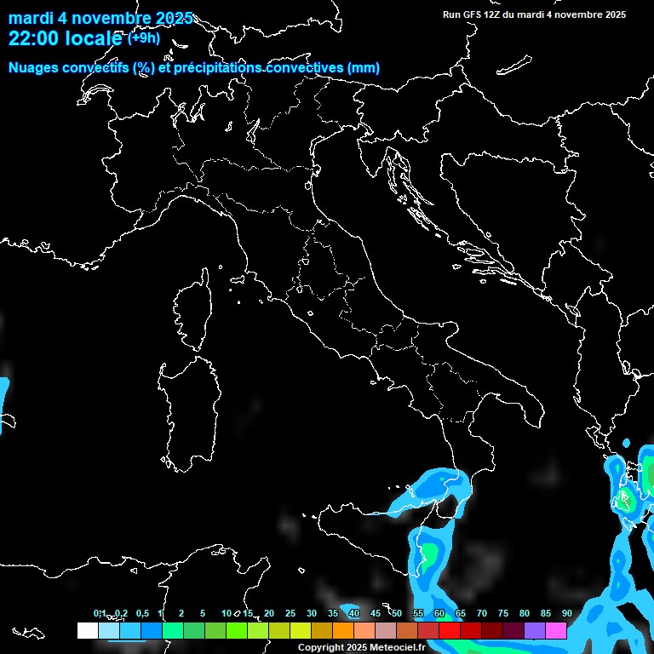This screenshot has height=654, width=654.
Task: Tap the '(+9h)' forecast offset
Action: [x=144, y=37]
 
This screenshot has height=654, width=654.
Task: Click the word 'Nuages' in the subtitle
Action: [x=33, y=68]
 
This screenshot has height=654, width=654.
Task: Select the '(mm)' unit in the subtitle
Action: [x=364, y=68]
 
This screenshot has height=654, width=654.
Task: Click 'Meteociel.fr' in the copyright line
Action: [x=391, y=648]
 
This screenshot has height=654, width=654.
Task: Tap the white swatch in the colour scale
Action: [x=87, y=631]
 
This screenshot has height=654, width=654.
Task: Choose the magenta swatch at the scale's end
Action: [x=556, y=631]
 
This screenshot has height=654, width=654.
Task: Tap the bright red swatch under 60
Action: [x=450, y=631]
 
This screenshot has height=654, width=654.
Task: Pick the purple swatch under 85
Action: [x=535, y=631]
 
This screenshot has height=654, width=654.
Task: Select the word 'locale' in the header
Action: [x=93, y=38]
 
